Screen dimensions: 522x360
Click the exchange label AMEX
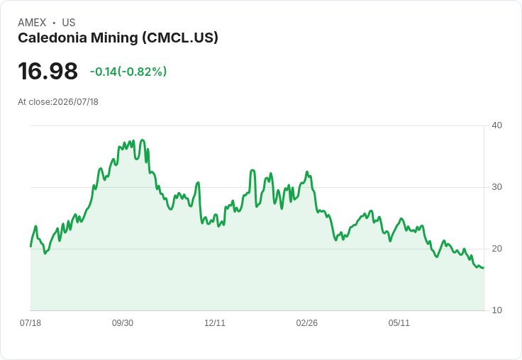click(32, 23)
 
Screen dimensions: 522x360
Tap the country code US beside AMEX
click(69, 23)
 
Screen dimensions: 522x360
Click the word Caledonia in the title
click(52, 38)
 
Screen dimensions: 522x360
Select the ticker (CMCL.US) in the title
click(180, 38)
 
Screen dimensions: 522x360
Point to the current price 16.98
click(48, 71)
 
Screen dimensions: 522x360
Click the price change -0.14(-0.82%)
click(128, 72)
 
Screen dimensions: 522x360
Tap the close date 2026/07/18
click(76, 102)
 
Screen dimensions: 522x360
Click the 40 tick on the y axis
click(496, 125)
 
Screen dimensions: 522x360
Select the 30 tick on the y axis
click(496, 187)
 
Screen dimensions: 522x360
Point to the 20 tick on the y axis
click(496, 249)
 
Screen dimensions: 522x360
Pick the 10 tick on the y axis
click(496, 310)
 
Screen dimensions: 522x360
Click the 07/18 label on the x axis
click(30, 323)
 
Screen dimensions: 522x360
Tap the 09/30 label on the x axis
click(123, 323)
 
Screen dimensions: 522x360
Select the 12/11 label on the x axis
click(215, 323)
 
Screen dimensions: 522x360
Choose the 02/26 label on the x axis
click(307, 323)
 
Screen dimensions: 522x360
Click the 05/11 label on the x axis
click(399, 323)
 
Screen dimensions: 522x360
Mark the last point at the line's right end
click(484, 268)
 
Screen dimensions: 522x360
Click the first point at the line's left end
click(31, 247)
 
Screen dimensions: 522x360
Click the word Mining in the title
click(114, 38)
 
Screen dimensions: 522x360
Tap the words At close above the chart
click(34, 102)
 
